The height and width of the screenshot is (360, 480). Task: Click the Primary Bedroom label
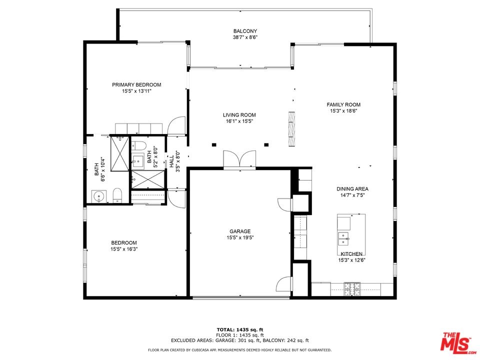pos(136,85)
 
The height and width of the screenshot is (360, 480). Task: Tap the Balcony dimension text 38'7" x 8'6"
pos(245,37)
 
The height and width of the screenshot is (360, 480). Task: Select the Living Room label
pos(239,115)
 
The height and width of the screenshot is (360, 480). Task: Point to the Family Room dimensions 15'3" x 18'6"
pos(343,111)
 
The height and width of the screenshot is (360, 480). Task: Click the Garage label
pos(240,231)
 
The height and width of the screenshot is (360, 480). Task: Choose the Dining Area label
pos(352,189)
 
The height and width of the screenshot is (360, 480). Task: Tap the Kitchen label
pos(351,254)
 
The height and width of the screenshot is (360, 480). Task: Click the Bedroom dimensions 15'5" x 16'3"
pos(124,249)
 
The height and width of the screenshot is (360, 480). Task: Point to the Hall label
pos(171,161)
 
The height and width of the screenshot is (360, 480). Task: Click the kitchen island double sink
pos(343,238)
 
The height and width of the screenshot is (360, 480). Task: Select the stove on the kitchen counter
pos(352,289)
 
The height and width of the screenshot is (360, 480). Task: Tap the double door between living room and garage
pos(239,159)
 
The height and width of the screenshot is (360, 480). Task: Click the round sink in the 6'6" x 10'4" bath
pos(99,196)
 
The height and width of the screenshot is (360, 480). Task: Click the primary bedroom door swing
pos(176,125)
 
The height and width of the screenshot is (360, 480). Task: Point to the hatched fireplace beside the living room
pos(292,129)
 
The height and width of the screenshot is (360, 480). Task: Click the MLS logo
pos(456,341)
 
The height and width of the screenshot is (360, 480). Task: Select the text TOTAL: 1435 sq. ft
pos(240,329)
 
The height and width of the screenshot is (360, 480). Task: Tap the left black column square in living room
pos(214,145)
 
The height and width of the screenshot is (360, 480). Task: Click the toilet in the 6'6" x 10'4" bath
pos(117,195)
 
